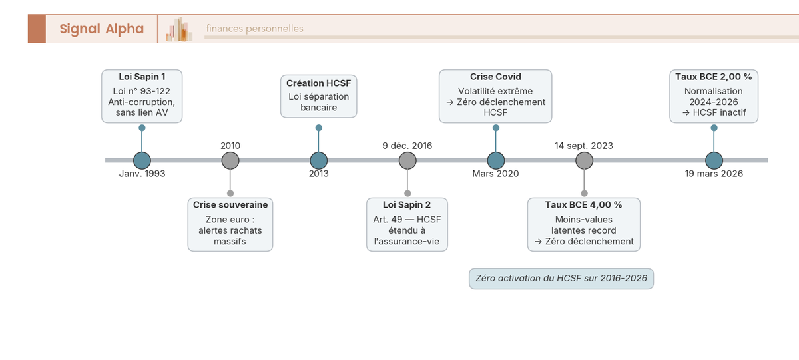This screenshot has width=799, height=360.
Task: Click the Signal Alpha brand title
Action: (101, 29)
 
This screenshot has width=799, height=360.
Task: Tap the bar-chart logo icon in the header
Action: (179, 29)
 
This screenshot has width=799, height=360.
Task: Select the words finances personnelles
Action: (254, 29)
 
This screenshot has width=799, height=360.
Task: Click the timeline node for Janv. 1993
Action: (142, 160)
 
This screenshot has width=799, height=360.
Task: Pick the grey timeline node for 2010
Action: (230, 160)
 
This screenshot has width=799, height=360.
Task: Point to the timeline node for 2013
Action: (319, 160)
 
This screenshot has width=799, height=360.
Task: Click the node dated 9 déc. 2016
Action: (407, 160)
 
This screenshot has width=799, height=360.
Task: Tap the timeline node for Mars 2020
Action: (495, 160)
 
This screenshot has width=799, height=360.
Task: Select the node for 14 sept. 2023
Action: (584, 160)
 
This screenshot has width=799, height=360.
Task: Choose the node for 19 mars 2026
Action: (714, 160)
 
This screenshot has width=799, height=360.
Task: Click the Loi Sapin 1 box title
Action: (142, 77)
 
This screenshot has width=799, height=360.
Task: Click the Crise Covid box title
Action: (495, 77)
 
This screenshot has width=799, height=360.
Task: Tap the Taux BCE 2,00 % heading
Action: (713, 77)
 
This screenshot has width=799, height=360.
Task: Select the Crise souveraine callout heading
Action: (230, 205)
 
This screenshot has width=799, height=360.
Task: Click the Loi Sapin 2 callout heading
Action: (407, 205)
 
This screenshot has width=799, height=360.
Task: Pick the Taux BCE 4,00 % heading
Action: (583, 205)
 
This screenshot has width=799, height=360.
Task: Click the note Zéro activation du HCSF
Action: (561, 279)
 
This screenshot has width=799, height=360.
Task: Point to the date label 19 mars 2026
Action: (714, 174)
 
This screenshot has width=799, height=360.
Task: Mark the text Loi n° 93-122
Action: (142, 90)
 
